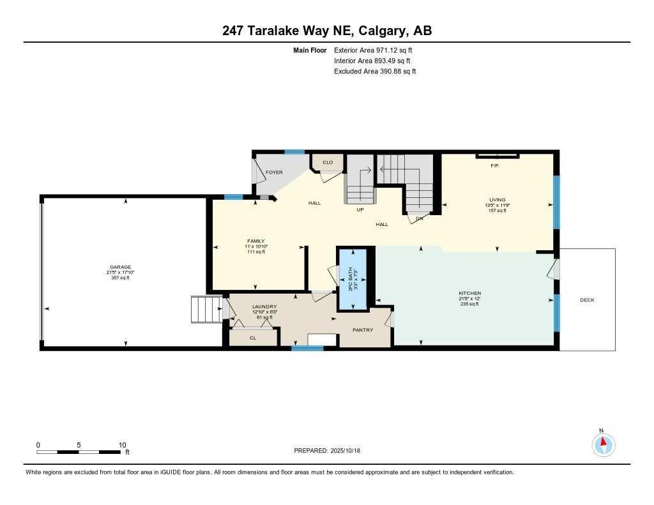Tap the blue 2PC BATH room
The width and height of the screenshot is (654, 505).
click(x=353, y=280)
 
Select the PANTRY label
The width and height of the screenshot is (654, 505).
click(x=363, y=330)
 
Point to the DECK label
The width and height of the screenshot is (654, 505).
click(x=586, y=299)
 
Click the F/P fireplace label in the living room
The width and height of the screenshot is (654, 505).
click(x=494, y=165)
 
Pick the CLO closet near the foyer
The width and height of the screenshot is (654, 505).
click(x=328, y=162)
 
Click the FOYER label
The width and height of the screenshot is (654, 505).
click(x=274, y=172)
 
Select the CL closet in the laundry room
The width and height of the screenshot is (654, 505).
click(x=253, y=338)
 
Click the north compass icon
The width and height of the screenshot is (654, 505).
click(x=603, y=444)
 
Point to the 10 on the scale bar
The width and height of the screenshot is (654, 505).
click(x=122, y=445)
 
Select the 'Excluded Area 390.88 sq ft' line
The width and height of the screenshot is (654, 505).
click(x=375, y=72)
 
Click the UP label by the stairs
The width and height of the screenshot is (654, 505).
click(x=360, y=209)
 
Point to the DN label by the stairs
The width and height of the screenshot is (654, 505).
click(x=420, y=218)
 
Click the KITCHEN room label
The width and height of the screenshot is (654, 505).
click(x=469, y=293)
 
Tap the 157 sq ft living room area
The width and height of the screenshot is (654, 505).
click(x=497, y=210)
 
